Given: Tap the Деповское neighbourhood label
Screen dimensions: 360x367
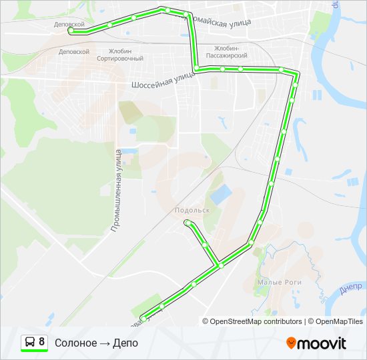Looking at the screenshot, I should click(x=74, y=51).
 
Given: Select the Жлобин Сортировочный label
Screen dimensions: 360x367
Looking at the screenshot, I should click(x=120, y=55).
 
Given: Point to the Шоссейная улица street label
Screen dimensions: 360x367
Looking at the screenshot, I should click(x=163, y=81).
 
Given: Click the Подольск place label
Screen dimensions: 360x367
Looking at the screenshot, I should click(x=192, y=210).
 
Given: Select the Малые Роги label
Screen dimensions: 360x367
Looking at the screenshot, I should click(x=280, y=283).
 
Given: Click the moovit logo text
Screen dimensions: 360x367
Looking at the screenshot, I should click(x=322, y=343).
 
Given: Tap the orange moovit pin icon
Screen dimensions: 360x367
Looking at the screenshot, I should click(x=291, y=343).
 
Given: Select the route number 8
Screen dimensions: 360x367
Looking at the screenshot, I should click(x=42, y=342).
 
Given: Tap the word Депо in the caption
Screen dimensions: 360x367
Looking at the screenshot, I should click(x=125, y=343).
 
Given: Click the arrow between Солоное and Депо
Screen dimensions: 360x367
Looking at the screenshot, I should click(x=105, y=343).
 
